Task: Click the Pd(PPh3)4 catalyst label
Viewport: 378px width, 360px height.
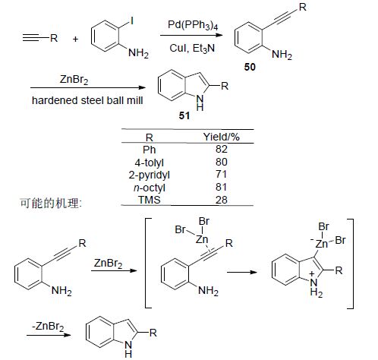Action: coord(193,26)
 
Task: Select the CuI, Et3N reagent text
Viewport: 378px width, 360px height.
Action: coord(192,48)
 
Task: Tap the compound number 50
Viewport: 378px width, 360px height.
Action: coord(250,67)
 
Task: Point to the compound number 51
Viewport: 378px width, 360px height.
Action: coord(184,115)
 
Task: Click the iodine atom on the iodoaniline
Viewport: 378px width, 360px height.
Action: coord(132,21)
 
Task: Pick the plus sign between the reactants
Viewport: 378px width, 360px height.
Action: coord(75,39)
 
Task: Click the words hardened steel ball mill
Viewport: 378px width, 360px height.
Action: coord(87,100)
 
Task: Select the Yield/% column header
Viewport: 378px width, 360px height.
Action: coord(222,137)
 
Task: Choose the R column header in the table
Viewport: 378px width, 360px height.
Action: coord(150,137)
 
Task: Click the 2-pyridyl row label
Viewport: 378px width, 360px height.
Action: coord(149,175)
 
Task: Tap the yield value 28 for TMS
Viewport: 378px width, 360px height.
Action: coord(222,200)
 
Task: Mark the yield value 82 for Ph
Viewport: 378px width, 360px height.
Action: coord(222,149)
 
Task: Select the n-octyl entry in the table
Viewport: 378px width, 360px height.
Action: coord(150,188)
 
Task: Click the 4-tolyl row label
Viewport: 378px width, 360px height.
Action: coord(149,163)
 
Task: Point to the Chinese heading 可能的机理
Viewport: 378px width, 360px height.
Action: coord(51,203)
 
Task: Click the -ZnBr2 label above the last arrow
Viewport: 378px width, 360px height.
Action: coord(48,326)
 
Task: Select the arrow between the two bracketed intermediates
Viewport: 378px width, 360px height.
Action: coord(242,272)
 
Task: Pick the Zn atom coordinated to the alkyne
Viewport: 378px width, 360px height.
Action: coord(202,239)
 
